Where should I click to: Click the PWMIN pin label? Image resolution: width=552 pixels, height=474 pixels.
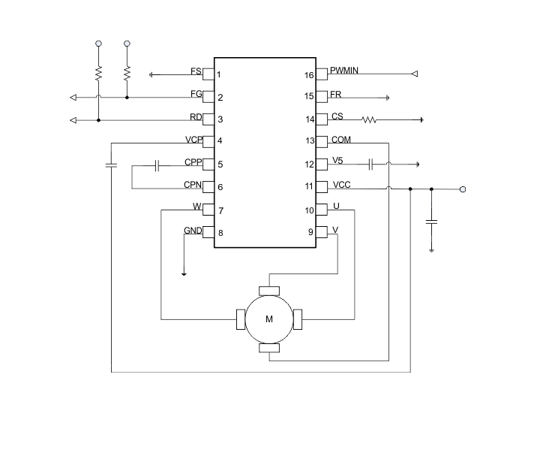(344, 71)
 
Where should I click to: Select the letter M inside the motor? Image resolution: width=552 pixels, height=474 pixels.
(269, 319)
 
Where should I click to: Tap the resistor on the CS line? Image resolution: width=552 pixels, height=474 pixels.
(369, 120)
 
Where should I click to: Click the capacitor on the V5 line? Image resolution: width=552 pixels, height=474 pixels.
(370, 165)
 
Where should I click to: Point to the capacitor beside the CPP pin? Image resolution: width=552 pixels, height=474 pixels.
(157, 165)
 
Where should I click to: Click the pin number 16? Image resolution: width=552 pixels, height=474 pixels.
(309, 75)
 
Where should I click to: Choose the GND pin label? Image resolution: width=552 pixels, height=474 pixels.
(193, 231)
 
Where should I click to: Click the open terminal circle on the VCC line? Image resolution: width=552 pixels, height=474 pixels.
(463, 189)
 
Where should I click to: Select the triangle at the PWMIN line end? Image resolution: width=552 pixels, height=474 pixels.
(415, 74)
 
